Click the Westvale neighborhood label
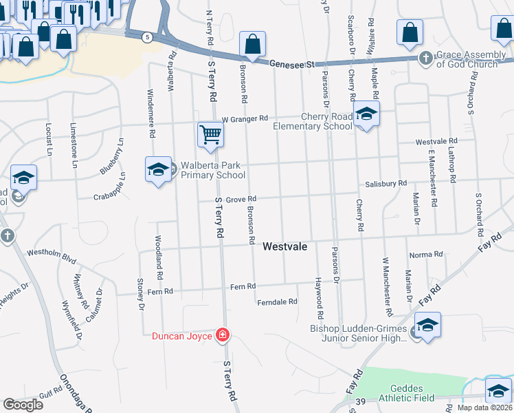(x=284, y=246)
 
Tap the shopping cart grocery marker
(x=210, y=134)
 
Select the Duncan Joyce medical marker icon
(x=222, y=336)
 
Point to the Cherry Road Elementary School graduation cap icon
(x=366, y=114)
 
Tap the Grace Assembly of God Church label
(x=467, y=59)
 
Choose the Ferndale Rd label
(x=277, y=301)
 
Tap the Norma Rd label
(x=425, y=255)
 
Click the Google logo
(x=23, y=405)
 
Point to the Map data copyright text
(x=484, y=407)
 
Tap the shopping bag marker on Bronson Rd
(x=253, y=45)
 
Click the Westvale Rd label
(x=436, y=141)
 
